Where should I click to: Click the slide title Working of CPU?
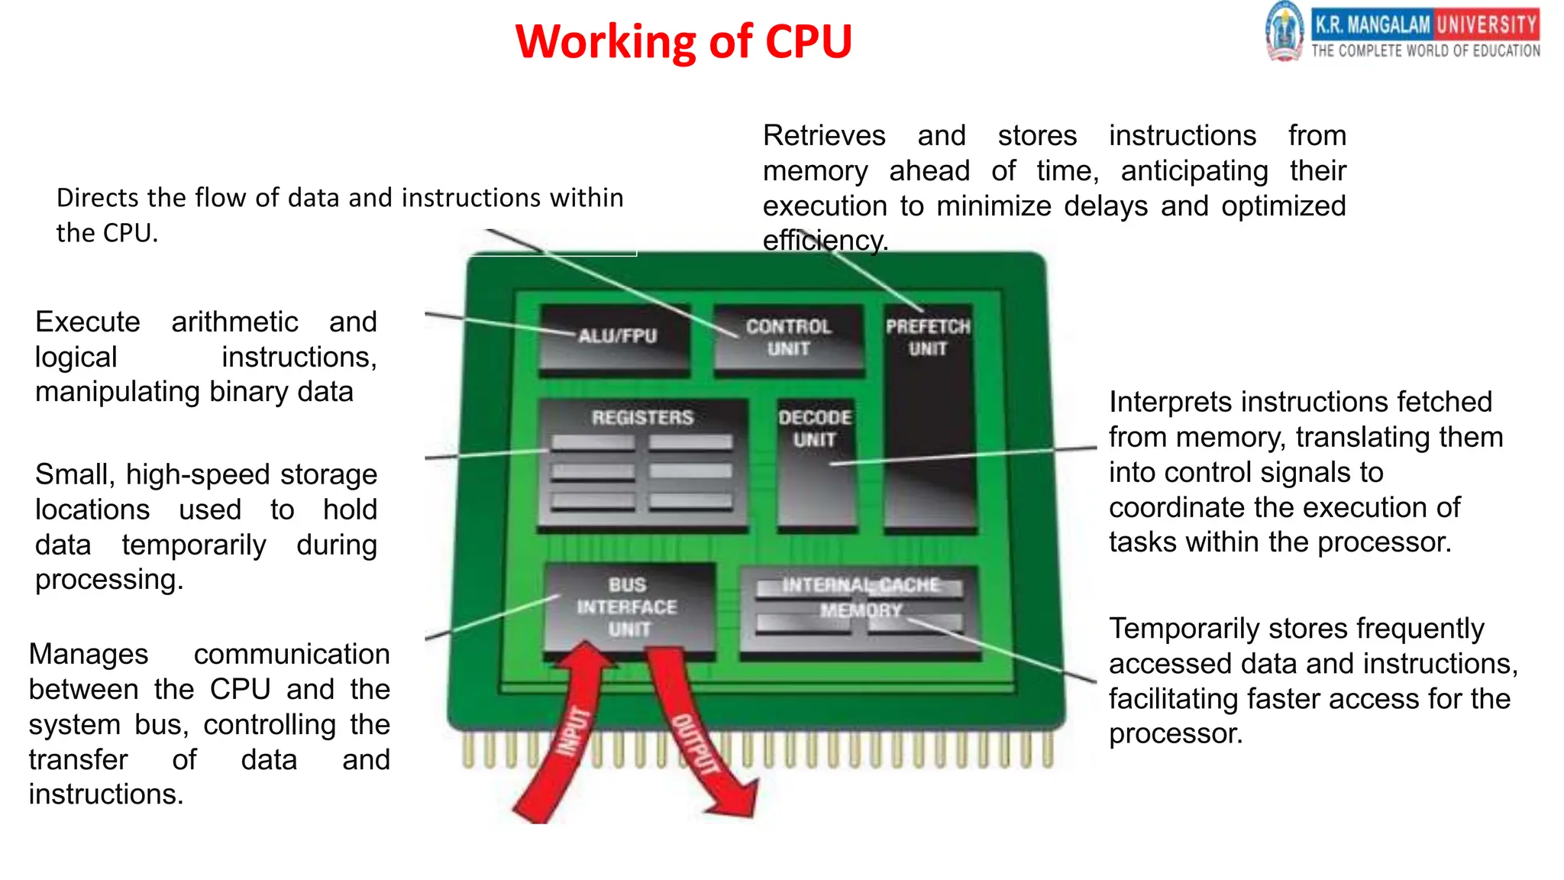[x=683, y=41]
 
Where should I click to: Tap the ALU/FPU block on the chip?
[x=616, y=340]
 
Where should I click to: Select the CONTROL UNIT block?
[x=789, y=338]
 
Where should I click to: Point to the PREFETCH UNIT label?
[x=928, y=338]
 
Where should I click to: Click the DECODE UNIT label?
[x=815, y=429]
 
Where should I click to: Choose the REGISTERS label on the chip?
[x=642, y=418]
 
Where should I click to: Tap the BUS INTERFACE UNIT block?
[x=628, y=607]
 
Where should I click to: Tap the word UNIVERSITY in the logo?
[x=1486, y=24]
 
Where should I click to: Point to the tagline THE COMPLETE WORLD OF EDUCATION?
[x=1426, y=51]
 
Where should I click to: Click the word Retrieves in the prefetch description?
[x=824, y=136]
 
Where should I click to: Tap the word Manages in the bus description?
[x=89, y=655]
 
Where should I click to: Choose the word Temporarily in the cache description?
[x=1183, y=629]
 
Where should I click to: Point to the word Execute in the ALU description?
[x=88, y=322]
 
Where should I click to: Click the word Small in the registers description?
[x=70, y=474]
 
